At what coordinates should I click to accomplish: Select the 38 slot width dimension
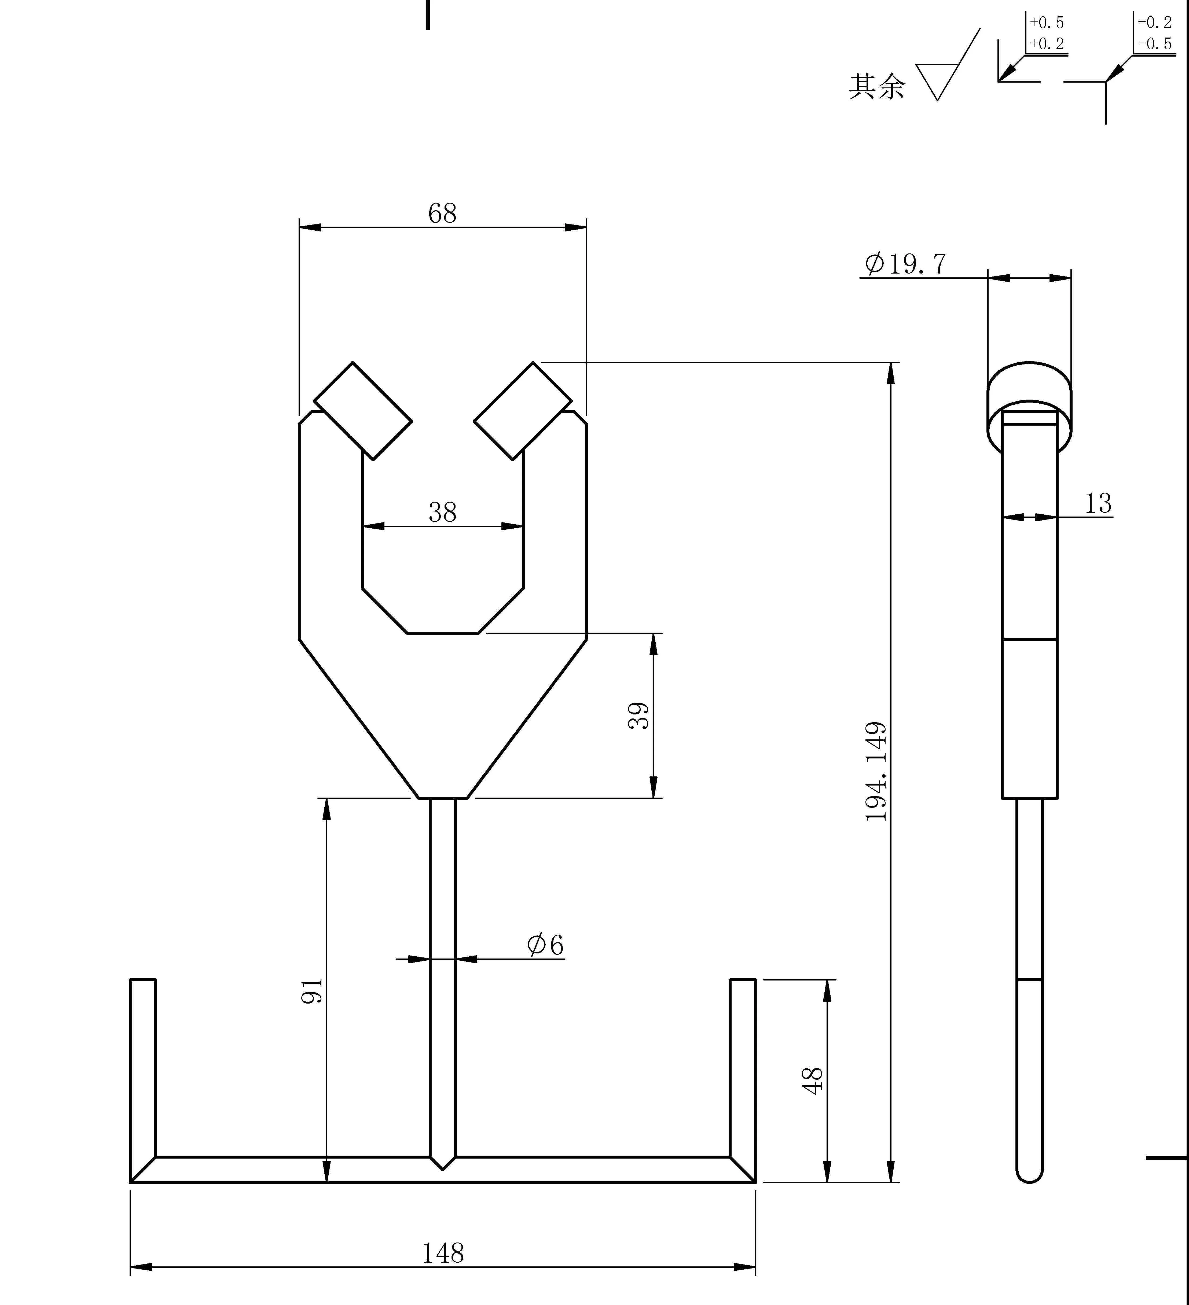[442, 513]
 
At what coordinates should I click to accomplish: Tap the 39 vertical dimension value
[639, 715]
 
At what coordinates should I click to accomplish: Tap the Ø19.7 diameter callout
[905, 263]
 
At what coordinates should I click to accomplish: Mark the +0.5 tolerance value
[1047, 23]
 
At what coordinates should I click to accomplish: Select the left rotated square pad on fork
[363, 411]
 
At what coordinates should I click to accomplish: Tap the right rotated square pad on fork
[523, 411]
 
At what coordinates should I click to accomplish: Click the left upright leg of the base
[143, 1068]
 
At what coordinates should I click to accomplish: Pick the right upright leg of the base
[743, 1068]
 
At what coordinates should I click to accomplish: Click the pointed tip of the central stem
[443, 1166]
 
